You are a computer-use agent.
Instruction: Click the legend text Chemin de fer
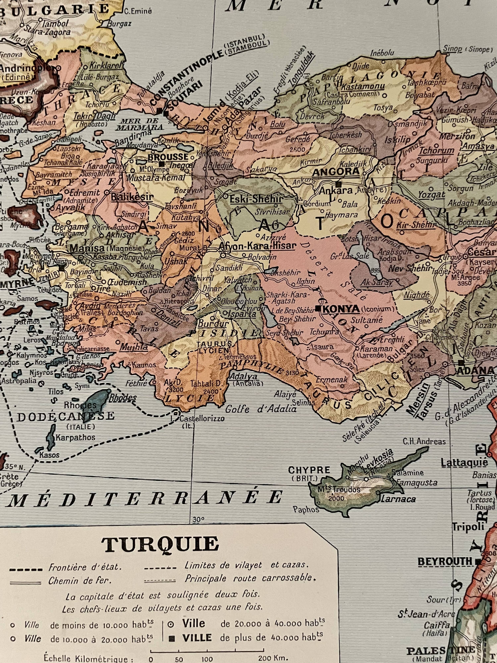click(80, 581)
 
